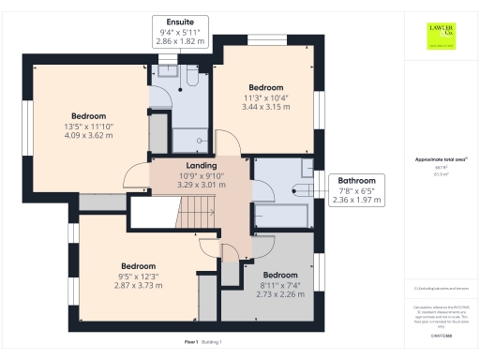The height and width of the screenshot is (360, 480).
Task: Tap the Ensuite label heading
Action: [181, 22]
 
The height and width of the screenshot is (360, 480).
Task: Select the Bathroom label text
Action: [356, 180]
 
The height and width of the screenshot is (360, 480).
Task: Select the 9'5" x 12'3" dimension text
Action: [138, 276]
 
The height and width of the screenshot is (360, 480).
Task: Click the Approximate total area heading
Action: [440, 160]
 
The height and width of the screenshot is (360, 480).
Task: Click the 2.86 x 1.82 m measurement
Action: [181, 43]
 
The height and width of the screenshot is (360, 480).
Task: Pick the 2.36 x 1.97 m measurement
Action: [356, 199]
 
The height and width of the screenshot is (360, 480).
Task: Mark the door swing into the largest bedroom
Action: [136, 173]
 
